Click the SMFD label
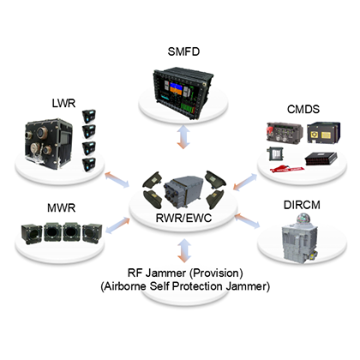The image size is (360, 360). (x=183, y=51)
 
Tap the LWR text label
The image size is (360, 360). (x=63, y=103)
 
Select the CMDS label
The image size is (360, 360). (x=303, y=109)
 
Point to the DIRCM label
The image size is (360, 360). (x=302, y=205)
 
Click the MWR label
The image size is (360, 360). (x=62, y=207)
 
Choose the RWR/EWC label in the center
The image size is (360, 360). (x=183, y=218)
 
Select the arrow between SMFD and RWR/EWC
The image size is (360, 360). (x=183, y=137)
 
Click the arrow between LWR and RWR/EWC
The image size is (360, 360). (x=117, y=180)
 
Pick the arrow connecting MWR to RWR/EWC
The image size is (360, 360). (x=117, y=225)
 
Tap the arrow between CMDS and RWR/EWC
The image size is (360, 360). (x=245, y=182)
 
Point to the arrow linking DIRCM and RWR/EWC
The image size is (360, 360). (x=248, y=221)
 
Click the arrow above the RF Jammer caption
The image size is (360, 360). (x=184, y=250)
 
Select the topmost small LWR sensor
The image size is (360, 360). (x=89, y=117)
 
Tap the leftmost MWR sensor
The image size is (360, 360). (x=32, y=234)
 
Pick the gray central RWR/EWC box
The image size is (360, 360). (x=183, y=190)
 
